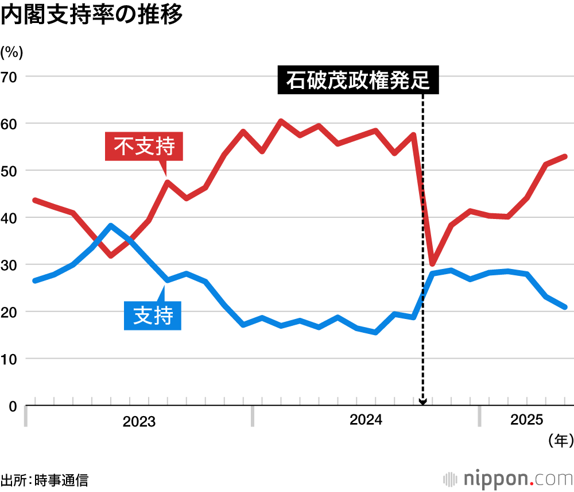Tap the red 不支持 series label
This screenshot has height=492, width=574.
tap(144, 147)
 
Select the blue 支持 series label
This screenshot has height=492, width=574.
tap(153, 316)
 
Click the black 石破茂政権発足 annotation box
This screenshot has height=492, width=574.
tap(358, 80)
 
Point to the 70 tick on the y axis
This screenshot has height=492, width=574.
tap(10, 76)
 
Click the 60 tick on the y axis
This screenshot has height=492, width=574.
tap(10, 124)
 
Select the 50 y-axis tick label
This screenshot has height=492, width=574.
tap(10, 171)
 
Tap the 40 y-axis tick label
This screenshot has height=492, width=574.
tap(10, 218)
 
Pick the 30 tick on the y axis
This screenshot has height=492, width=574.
tap(10, 265)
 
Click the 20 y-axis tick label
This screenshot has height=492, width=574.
tap(10, 312)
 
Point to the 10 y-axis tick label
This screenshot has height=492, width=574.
tap(10, 359)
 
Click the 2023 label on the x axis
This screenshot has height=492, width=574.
tap(139, 422)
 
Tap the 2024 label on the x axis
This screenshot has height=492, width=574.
tap(366, 421)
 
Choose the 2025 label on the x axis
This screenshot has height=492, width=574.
tap(526, 421)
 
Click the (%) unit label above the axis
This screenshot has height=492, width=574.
tap(11, 52)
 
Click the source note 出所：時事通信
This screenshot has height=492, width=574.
tap(44, 479)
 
